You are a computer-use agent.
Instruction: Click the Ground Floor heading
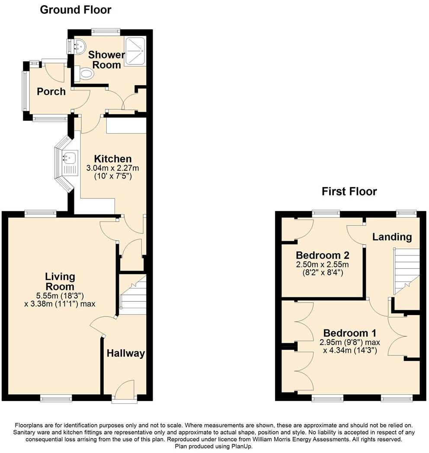pos(75,10)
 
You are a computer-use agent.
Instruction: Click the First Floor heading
pos(349,191)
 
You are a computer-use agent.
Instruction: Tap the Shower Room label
pos(106,60)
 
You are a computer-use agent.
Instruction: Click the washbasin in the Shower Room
pos(77,46)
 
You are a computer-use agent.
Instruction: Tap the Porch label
pos(51,92)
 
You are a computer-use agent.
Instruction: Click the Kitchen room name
pos(113,159)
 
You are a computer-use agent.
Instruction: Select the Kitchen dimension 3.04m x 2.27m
pos(113,168)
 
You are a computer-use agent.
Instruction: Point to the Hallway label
pos(126,354)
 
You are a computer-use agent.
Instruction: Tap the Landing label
pos(392,237)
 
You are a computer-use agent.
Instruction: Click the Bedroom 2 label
pos(323,255)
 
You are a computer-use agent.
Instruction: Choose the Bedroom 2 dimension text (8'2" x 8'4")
pos(323,273)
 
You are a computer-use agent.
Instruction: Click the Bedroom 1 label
pos(349,333)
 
